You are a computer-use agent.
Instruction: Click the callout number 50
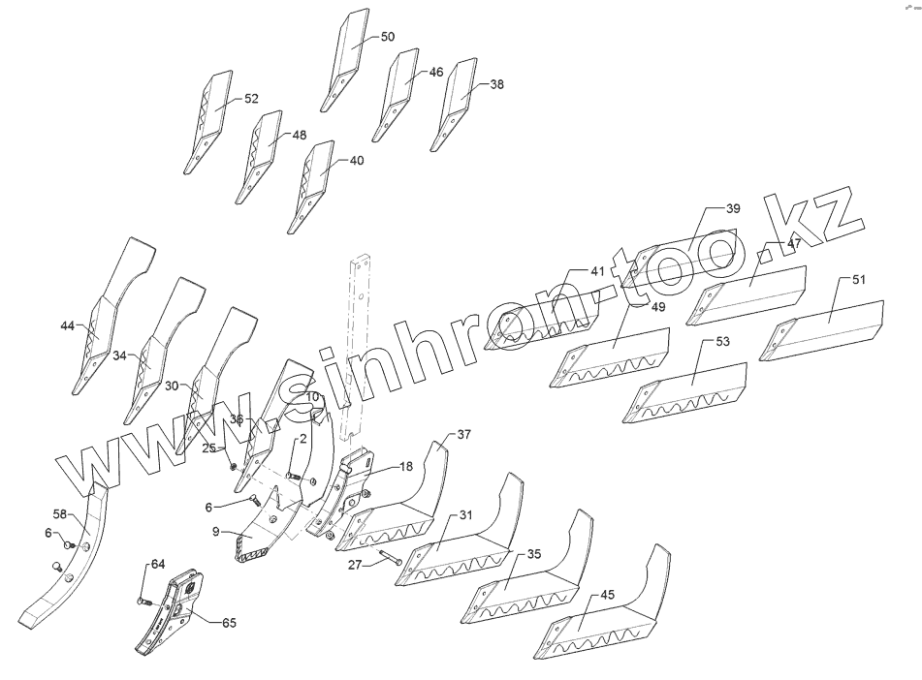(x=387, y=37)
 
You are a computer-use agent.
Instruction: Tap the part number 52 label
(x=251, y=99)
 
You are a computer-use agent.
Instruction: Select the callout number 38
(x=496, y=84)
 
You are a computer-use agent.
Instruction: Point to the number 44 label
(x=67, y=326)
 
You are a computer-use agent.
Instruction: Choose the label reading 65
(x=229, y=623)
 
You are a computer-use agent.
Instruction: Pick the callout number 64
(x=157, y=564)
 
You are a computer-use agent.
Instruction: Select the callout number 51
(x=859, y=279)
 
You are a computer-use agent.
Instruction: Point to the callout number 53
(x=722, y=342)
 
